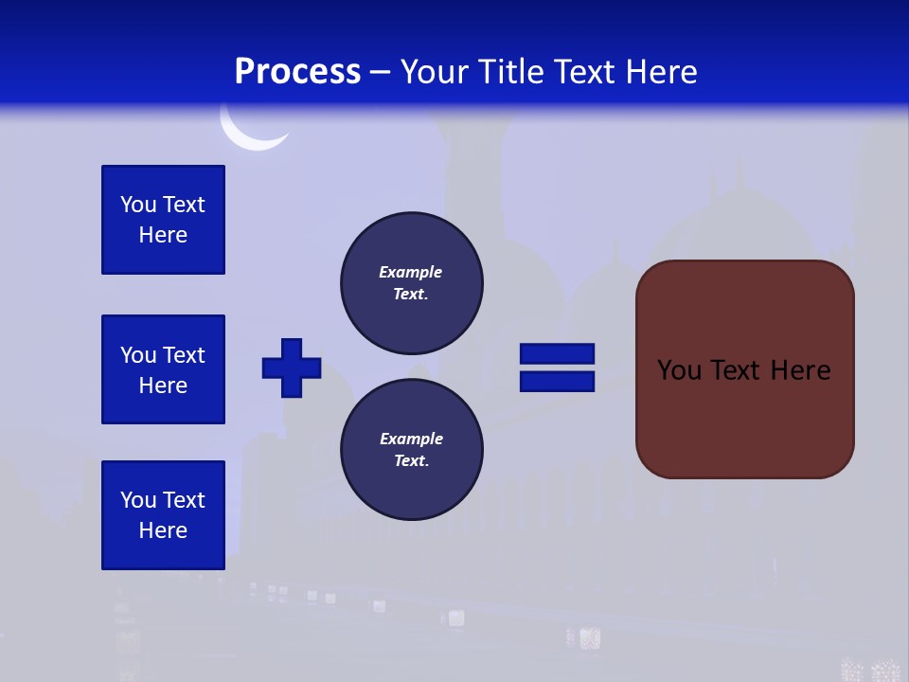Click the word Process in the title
click(297, 71)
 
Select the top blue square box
click(163, 220)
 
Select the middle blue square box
click(163, 369)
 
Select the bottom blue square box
click(163, 515)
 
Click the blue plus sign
click(292, 368)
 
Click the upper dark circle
click(411, 282)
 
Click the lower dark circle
click(411, 449)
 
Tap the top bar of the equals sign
click(557, 354)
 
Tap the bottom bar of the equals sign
click(557, 381)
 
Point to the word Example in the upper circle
click(410, 272)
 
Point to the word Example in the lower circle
click(411, 439)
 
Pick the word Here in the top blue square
click(163, 235)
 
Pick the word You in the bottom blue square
click(138, 500)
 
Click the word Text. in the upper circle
click(411, 294)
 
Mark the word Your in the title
click(434, 71)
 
